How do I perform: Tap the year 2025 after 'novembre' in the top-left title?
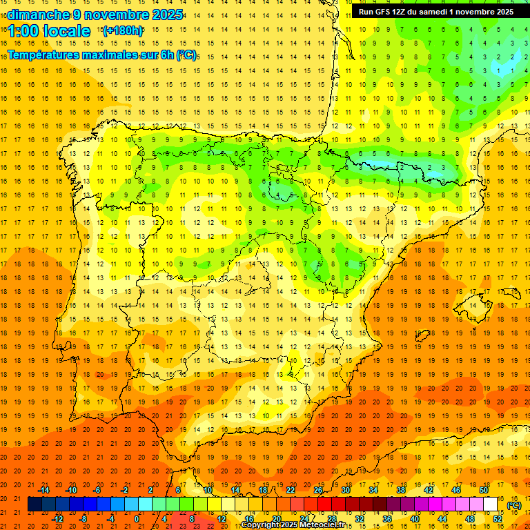coord(167,14)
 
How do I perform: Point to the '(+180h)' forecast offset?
coord(122,30)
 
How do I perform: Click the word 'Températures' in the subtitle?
coord(43,54)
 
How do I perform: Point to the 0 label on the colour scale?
coord(137,519)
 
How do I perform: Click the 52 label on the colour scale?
coord(498,519)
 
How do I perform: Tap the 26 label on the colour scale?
coord(318,490)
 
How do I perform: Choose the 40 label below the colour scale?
coord(415,519)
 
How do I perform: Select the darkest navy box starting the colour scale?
coord(35,504)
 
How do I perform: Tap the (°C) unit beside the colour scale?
coord(514,504)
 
